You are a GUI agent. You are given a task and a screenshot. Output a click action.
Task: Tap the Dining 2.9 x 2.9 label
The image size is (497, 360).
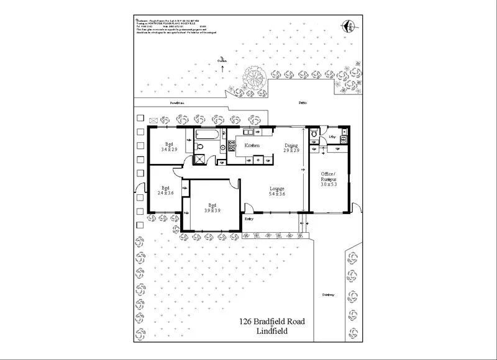[291, 148]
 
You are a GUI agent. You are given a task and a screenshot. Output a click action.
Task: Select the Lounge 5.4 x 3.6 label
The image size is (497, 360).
[276, 191]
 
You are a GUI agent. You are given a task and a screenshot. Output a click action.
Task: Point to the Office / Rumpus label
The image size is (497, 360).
[328, 178]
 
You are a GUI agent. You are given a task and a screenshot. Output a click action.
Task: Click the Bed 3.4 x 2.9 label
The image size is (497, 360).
[169, 147]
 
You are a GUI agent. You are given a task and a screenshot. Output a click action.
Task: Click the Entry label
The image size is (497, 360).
[250, 218]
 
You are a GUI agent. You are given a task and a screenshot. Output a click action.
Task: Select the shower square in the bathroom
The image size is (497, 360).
[200, 159]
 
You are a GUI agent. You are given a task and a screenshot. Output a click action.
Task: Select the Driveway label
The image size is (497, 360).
[329, 295]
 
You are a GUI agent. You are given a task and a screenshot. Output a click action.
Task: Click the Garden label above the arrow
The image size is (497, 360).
[222, 60]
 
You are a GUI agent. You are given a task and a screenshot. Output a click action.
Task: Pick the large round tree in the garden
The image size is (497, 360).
[255, 77]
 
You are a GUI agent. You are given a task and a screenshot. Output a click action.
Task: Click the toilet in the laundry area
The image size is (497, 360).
[314, 133]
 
